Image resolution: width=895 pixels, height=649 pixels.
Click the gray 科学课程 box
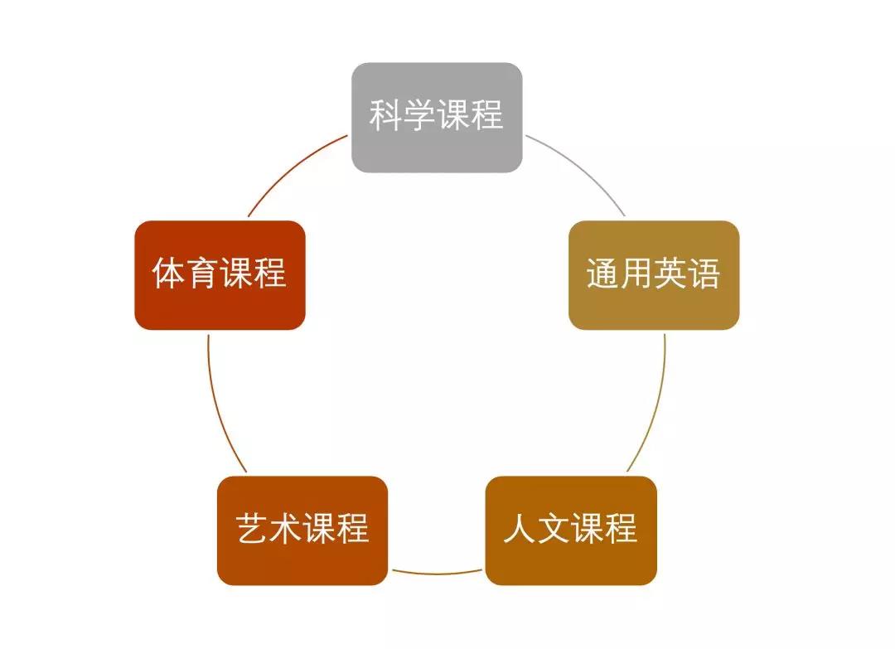point(437,118)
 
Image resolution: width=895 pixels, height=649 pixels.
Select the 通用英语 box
point(654,275)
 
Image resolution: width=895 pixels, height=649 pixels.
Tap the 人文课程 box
point(571,530)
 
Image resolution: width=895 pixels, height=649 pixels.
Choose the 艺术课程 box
point(302,530)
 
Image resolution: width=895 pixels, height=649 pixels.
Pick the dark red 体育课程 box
point(220,275)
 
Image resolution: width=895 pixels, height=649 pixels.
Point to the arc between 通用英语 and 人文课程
point(656,406)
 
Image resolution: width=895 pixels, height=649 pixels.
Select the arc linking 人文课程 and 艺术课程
point(437,573)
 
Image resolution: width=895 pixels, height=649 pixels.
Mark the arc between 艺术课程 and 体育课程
point(219,406)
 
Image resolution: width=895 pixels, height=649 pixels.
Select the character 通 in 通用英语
point(603,273)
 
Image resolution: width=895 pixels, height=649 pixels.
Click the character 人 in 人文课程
point(520,528)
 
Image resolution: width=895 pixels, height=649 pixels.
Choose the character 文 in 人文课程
point(554,528)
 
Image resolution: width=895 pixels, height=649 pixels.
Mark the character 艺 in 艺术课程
point(252,528)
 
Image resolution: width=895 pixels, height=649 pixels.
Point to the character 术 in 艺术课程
point(286,528)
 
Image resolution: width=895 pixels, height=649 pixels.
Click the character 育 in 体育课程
point(203,273)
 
